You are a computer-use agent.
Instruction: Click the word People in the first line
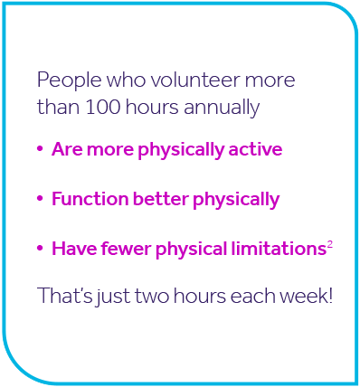coord(63,80)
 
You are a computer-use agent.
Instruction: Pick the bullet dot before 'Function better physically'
coord(41,199)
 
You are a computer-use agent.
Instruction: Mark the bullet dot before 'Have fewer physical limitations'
coord(41,248)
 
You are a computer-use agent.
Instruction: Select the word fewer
coord(118,247)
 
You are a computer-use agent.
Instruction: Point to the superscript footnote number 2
coord(330,242)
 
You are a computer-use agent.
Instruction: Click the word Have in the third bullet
coord(71,247)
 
